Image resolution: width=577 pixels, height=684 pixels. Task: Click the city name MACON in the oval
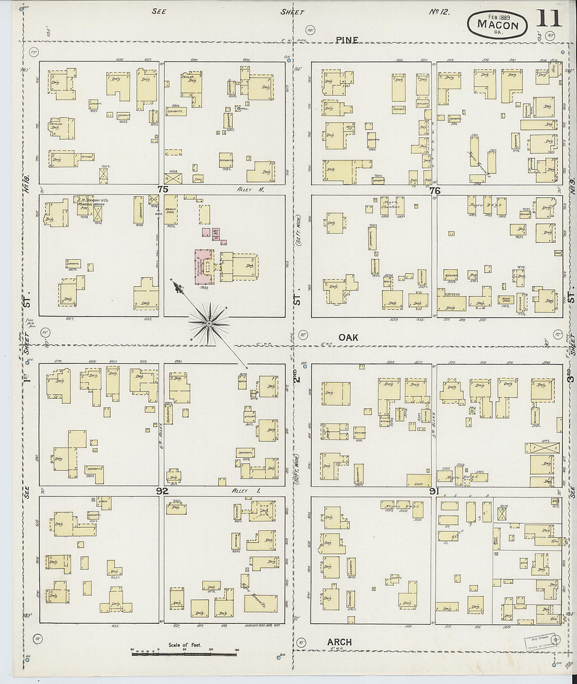(x=497, y=25)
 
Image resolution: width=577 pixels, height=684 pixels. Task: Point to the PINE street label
(x=347, y=40)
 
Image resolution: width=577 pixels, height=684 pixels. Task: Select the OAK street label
(x=348, y=338)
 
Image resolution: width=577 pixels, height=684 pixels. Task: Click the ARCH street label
(x=339, y=642)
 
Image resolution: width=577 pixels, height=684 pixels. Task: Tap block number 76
(x=434, y=191)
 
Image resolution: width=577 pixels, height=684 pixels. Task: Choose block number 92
(x=162, y=491)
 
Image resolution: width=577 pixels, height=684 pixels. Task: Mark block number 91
(x=434, y=491)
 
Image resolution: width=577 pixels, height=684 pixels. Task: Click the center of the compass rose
(x=209, y=324)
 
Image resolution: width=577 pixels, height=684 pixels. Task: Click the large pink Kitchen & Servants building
(x=202, y=267)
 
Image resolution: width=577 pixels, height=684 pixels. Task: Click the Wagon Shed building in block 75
(x=170, y=209)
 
